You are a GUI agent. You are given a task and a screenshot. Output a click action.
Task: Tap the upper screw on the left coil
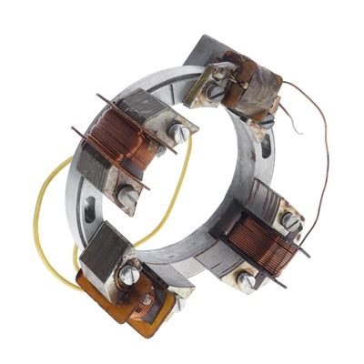[x=179, y=135]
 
